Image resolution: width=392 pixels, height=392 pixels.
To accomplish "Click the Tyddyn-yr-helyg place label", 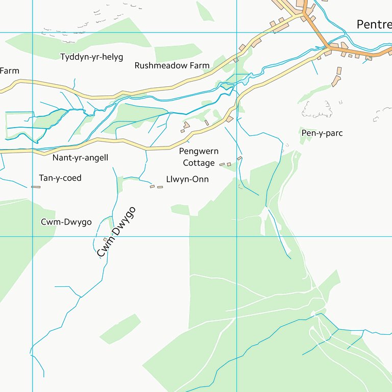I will pyautogui.click(x=92, y=57).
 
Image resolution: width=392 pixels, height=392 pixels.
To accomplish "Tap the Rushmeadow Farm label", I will pyautogui.click(x=172, y=66).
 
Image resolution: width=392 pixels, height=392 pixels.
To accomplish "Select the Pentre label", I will pyautogui.click(x=374, y=24).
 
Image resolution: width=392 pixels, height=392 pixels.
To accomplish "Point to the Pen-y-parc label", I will pyautogui.click(x=322, y=133).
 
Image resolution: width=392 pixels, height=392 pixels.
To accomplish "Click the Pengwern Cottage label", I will pyautogui.click(x=199, y=157).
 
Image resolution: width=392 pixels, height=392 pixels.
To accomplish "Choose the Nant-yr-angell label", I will pyautogui.click(x=80, y=158).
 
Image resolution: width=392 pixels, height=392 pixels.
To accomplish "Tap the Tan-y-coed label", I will pyautogui.click(x=60, y=178).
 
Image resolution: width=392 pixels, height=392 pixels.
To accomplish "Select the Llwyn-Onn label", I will pyautogui.click(x=187, y=180).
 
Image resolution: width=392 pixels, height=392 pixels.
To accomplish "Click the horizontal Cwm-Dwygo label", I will pyautogui.click(x=66, y=222).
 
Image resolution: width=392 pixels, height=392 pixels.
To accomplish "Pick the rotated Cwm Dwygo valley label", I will pyautogui.click(x=116, y=232).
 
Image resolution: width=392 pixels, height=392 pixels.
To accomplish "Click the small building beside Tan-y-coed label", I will pyautogui.click(x=36, y=187).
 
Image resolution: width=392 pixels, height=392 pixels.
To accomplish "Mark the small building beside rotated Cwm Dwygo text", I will pyautogui.click(x=106, y=239).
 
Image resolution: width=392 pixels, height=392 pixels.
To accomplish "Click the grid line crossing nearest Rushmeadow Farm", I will pyautogui.click(x=237, y=33).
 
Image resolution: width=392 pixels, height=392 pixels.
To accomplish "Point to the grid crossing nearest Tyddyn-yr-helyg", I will pyautogui.click(x=33, y=33).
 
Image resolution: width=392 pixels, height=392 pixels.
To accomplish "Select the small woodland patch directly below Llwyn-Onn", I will pyautogui.click(x=180, y=210).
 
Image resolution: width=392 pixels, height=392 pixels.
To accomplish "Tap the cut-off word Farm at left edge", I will pyautogui.click(x=9, y=71).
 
